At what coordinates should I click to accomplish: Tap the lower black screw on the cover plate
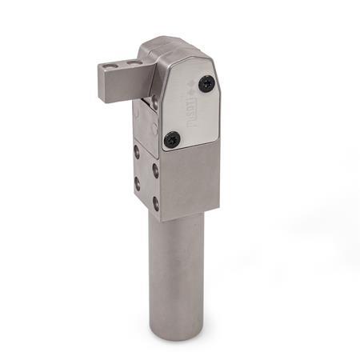pyautogui.click(x=170, y=139)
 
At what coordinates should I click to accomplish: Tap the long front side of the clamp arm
pyautogui.click(x=119, y=85)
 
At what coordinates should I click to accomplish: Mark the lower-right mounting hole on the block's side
pyautogui.click(x=156, y=204)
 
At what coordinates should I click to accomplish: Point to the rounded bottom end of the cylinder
pyautogui.click(x=176, y=334)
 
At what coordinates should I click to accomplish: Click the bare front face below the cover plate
pyautogui.click(x=186, y=180)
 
